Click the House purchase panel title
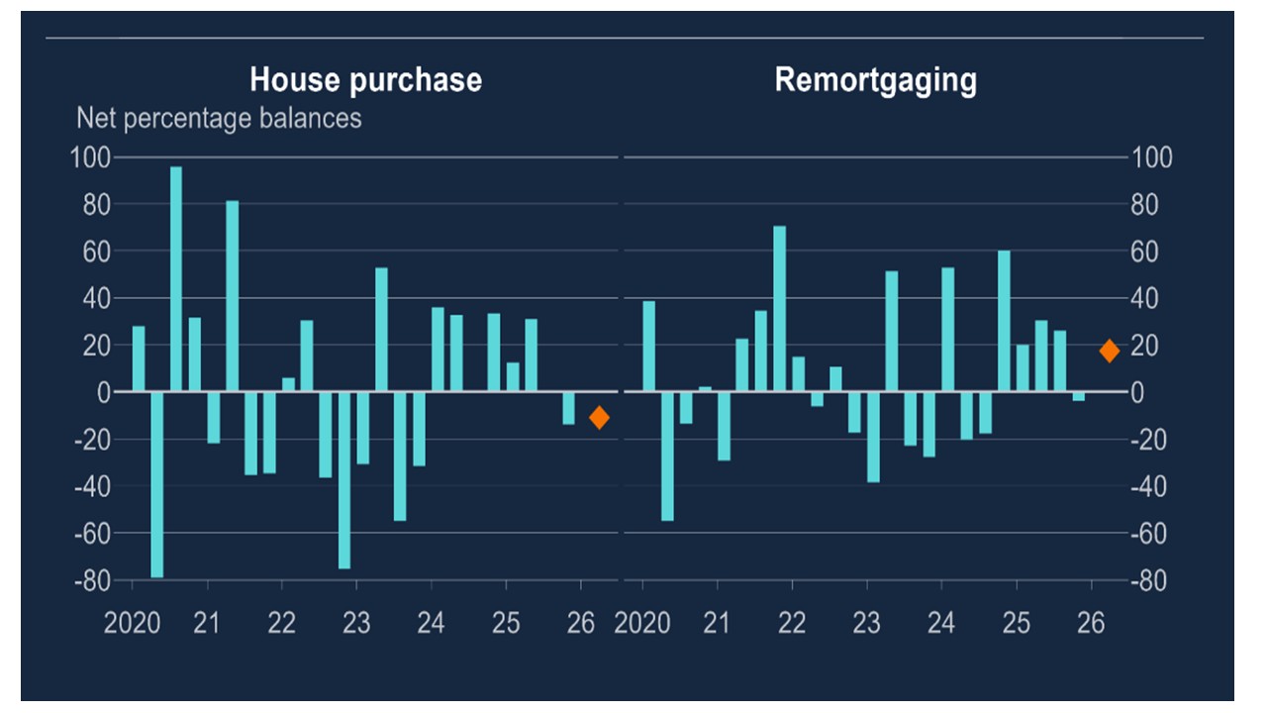tap(365, 79)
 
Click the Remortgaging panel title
tap(875, 79)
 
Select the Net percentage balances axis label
tap(219, 118)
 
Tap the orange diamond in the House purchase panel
tap(599, 418)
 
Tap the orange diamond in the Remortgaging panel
tap(1110, 351)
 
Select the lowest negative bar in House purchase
tap(157, 484)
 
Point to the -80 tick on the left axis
tap(93, 580)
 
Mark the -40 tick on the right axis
tap(1150, 486)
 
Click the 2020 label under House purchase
tap(133, 624)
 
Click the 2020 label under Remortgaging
tap(642, 624)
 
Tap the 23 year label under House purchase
tap(356, 624)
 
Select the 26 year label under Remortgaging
tap(1090, 624)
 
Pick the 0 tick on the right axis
tap(1140, 392)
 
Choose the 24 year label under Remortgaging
tap(940, 624)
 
